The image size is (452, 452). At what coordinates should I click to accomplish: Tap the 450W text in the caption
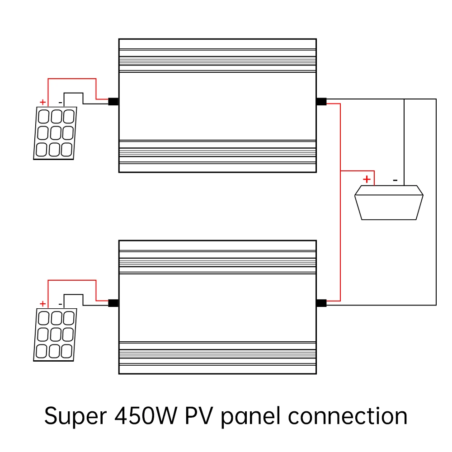(x=146, y=415)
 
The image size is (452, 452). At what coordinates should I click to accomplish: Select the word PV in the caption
(x=199, y=415)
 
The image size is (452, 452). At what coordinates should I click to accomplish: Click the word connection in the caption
(x=348, y=416)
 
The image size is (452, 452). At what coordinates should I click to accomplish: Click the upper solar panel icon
(x=55, y=133)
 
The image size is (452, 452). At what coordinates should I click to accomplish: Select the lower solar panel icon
(x=55, y=334)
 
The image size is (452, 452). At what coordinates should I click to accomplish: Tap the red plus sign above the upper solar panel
(x=42, y=102)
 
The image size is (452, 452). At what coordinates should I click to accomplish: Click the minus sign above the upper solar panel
(x=60, y=103)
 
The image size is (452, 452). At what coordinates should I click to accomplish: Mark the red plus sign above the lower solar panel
(x=42, y=304)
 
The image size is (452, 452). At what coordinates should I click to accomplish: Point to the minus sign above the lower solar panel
(x=60, y=304)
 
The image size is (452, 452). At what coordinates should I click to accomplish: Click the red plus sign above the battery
(x=367, y=179)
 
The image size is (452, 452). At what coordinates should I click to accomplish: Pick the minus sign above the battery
(x=395, y=180)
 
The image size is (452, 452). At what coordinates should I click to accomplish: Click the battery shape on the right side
(x=389, y=202)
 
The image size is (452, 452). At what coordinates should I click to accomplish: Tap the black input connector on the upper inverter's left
(x=113, y=101)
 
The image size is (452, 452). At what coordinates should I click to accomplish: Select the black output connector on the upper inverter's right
(x=321, y=101)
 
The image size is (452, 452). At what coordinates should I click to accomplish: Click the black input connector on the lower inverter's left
(x=113, y=303)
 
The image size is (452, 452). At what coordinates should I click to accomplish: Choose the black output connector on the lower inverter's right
(x=321, y=303)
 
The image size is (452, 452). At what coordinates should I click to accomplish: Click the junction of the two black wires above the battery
(x=404, y=99)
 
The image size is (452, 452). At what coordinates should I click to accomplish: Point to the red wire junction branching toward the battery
(x=340, y=171)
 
